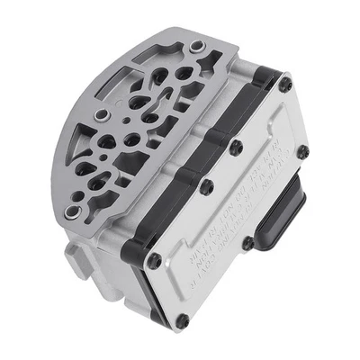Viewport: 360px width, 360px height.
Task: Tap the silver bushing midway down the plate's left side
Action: pyautogui.click(x=101, y=113)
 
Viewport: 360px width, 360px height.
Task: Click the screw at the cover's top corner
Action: pyautogui.click(x=285, y=85)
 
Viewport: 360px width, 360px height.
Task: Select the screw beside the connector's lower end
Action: pyautogui.click(x=247, y=243)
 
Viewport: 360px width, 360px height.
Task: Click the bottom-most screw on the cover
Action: pyautogui.click(x=183, y=319)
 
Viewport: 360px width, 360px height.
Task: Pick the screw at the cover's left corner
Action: pyautogui.click(x=154, y=261)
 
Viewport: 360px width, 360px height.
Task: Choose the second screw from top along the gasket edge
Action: pyautogui.click(x=236, y=146)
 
